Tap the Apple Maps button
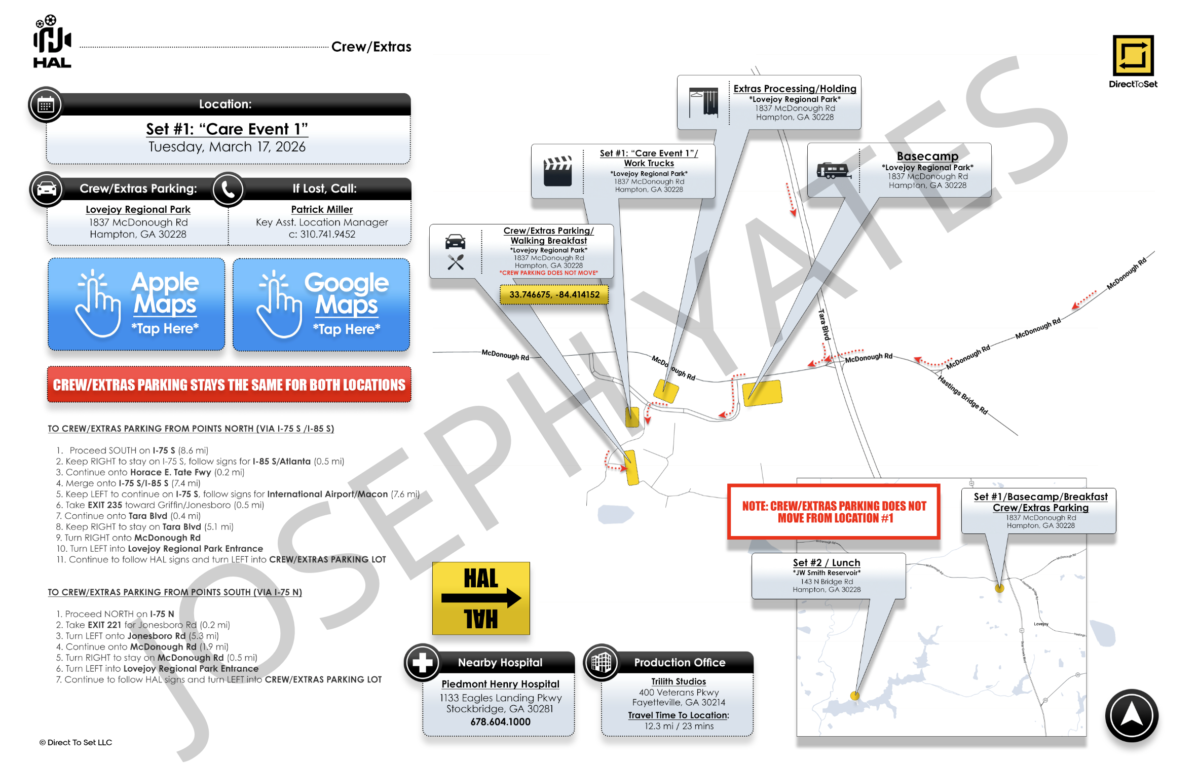[136, 304]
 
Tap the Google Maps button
[321, 304]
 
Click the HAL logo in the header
[52, 42]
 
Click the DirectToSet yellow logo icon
[1133, 55]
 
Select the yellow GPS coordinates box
[554, 295]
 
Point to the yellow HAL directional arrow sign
[480, 598]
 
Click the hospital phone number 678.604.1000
[500, 722]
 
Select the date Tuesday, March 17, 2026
[227, 147]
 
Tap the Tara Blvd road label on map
[825, 324]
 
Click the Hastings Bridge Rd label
[962, 395]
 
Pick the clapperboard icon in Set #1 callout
[557, 172]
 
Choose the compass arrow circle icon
[1131, 715]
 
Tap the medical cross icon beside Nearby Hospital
[422, 662]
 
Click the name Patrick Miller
[322, 210]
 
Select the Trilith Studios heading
[678, 682]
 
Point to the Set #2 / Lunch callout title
[826, 563]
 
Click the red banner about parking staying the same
[229, 385]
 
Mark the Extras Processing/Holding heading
[795, 89]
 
